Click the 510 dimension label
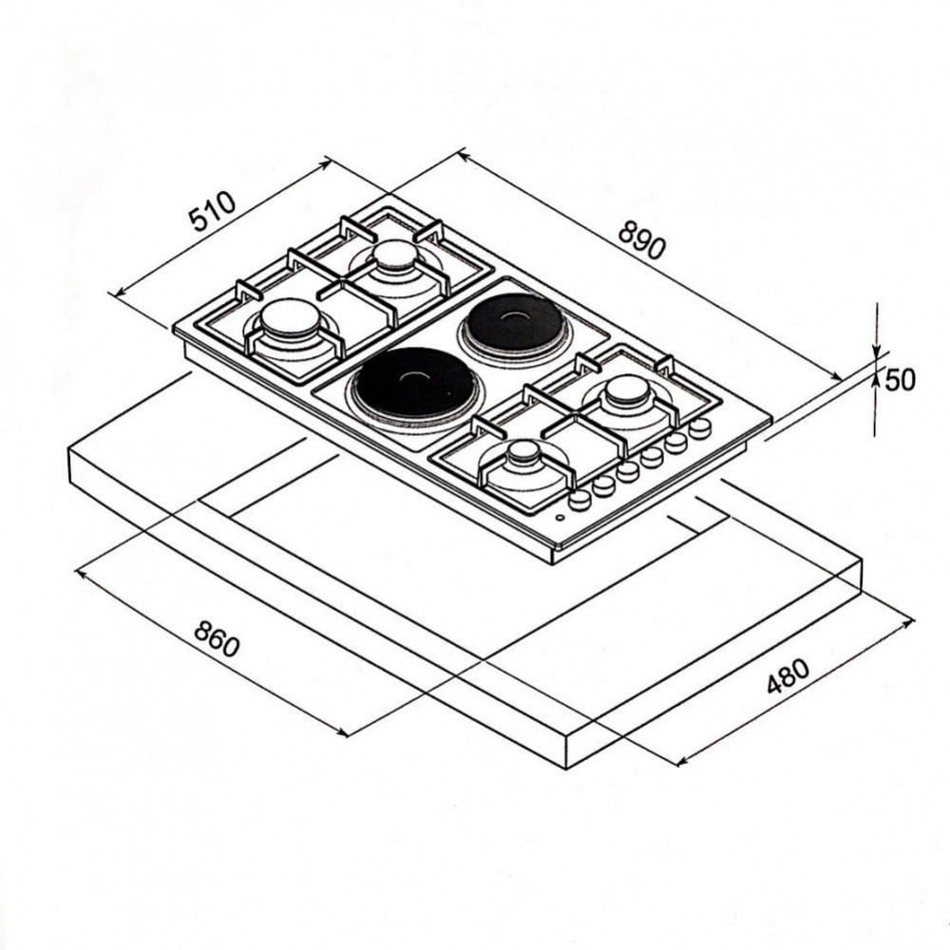pyautogui.click(x=213, y=212)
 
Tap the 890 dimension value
pyautogui.click(x=642, y=240)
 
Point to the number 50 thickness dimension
pyautogui.click(x=901, y=380)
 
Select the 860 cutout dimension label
pyautogui.click(x=217, y=639)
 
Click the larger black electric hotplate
pyautogui.click(x=417, y=384)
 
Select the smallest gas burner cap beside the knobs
pyautogui.click(x=523, y=452)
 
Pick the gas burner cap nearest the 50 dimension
pyautogui.click(x=626, y=389)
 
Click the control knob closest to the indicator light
pyautogui.click(x=579, y=499)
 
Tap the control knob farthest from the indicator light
pyautogui.click(x=701, y=427)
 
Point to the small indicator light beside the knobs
pyautogui.click(x=560, y=518)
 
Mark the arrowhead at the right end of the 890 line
pyautogui.click(x=836, y=377)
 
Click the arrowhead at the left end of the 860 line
pyautogui.click(x=81, y=573)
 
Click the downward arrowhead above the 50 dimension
pyautogui.click(x=876, y=351)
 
